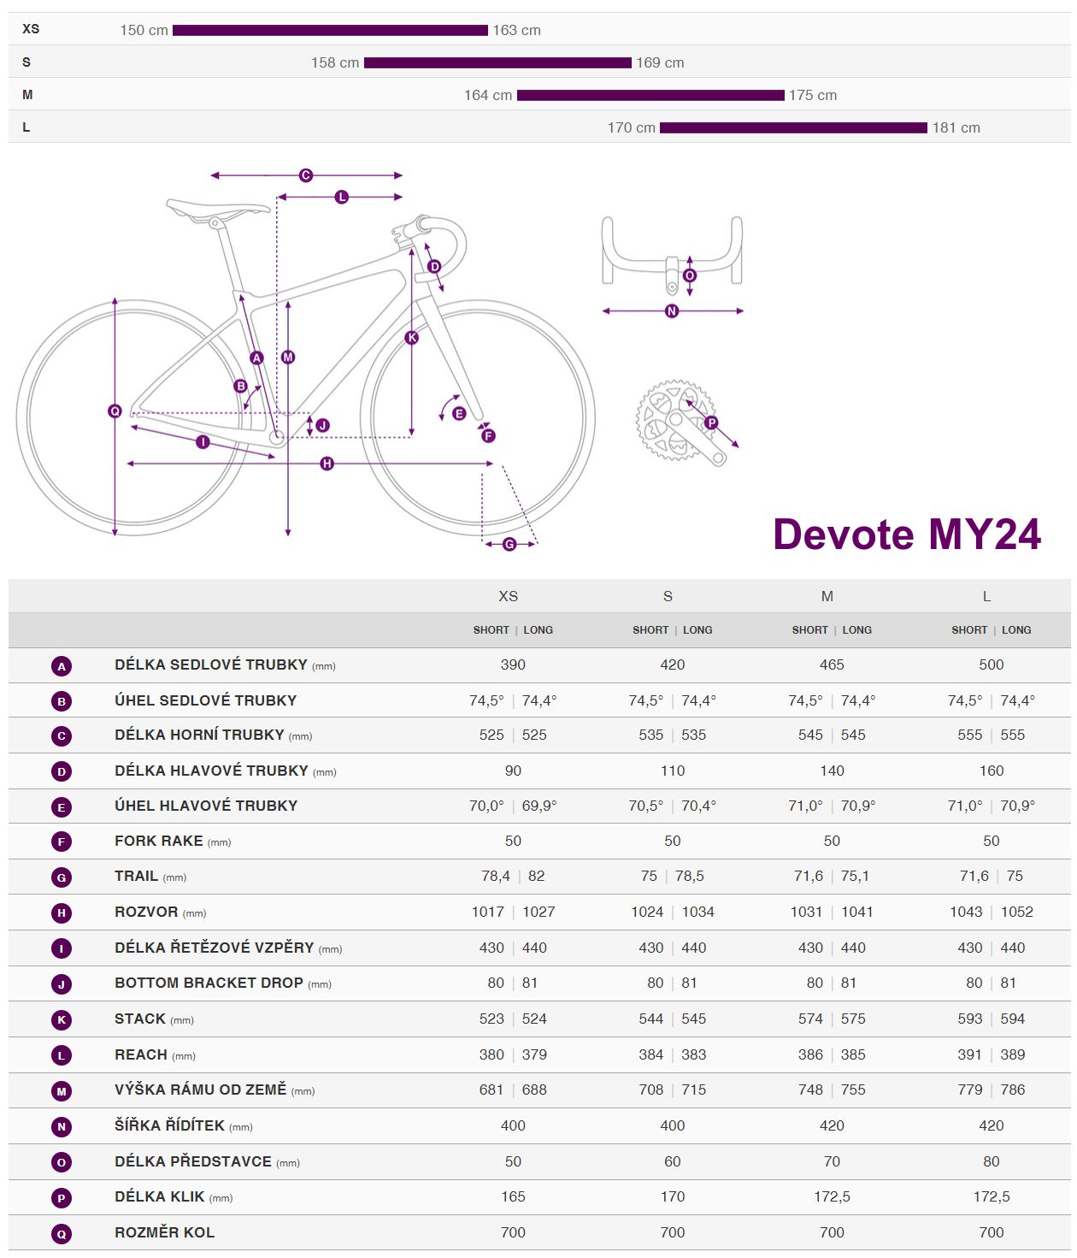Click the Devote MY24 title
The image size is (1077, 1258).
(x=906, y=535)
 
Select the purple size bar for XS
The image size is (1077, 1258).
(x=330, y=30)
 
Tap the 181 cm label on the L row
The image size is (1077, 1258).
(x=956, y=127)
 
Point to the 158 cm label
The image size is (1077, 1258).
(x=335, y=62)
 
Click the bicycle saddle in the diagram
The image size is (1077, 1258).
(x=217, y=208)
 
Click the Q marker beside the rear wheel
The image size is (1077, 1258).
(x=115, y=411)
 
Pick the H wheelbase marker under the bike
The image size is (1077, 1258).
(x=327, y=464)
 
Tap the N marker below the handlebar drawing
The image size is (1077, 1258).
(x=672, y=311)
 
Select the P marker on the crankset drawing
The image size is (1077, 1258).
(x=711, y=422)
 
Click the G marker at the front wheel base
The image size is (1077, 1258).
(x=509, y=544)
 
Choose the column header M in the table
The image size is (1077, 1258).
(x=827, y=596)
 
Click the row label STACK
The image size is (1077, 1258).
(x=140, y=1019)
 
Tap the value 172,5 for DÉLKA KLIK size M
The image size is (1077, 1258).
(x=832, y=1196)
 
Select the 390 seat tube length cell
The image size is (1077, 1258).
(x=513, y=664)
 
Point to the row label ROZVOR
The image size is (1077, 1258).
(x=146, y=912)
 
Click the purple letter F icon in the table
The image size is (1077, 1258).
(x=62, y=842)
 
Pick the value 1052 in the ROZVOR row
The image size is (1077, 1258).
(x=1016, y=912)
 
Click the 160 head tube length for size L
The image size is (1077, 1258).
(x=992, y=771)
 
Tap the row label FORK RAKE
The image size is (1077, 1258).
(x=159, y=841)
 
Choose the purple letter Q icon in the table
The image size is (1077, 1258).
(x=62, y=1233)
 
